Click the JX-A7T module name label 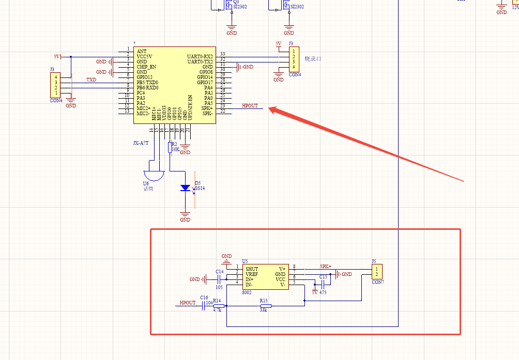[x=141, y=143]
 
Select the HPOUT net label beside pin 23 [x=250, y=105]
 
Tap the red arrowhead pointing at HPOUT [x=272, y=109]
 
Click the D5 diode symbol [x=185, y=188]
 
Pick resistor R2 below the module [x=170, y=147]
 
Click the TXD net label [x=91, y=80]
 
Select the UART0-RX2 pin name [x=200, y=56]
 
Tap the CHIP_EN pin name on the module [x=146, y=67]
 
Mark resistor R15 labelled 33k [x=264, y=306]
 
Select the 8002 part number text [x=247, y=292]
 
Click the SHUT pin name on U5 [x=252, y=269]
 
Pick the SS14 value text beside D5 [x=199, y=189]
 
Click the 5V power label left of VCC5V [x=57, y=56]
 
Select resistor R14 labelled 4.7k [x=217, y=306]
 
